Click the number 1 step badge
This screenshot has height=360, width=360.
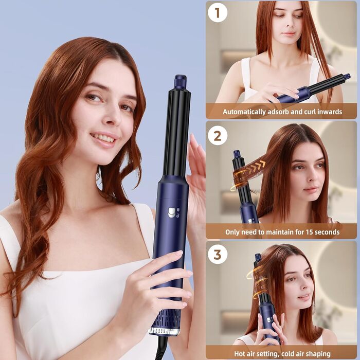[218, 12]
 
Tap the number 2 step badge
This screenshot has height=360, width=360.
[218, 135]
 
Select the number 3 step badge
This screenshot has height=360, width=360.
[218, 254]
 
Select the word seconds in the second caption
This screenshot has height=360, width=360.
[322, 232]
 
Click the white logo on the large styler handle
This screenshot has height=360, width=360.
[171, 211]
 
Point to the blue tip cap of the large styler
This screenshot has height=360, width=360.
[180, 82]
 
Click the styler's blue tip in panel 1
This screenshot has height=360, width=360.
[347, 77]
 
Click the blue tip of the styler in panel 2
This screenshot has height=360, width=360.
[237, 154]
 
